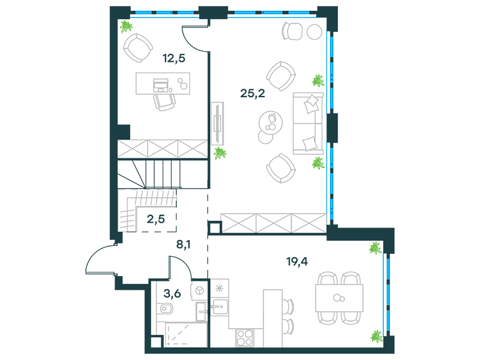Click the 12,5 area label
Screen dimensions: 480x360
174,58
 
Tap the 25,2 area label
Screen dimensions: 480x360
253,93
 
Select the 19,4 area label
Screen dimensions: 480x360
297,262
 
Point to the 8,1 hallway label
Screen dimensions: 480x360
184,244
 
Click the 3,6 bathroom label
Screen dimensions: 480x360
172,293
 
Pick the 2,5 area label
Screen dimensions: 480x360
156,219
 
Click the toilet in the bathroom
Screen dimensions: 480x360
166,308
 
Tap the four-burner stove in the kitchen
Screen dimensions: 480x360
245,338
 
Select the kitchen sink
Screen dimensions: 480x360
220,307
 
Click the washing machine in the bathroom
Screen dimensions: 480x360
199,290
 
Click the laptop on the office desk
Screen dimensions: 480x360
161,85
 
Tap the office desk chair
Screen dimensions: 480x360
164,102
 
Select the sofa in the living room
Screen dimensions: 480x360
308,124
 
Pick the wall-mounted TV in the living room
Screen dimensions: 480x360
217,124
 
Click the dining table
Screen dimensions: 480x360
339,298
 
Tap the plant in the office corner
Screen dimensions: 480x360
126,26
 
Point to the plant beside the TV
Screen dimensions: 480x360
220,153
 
